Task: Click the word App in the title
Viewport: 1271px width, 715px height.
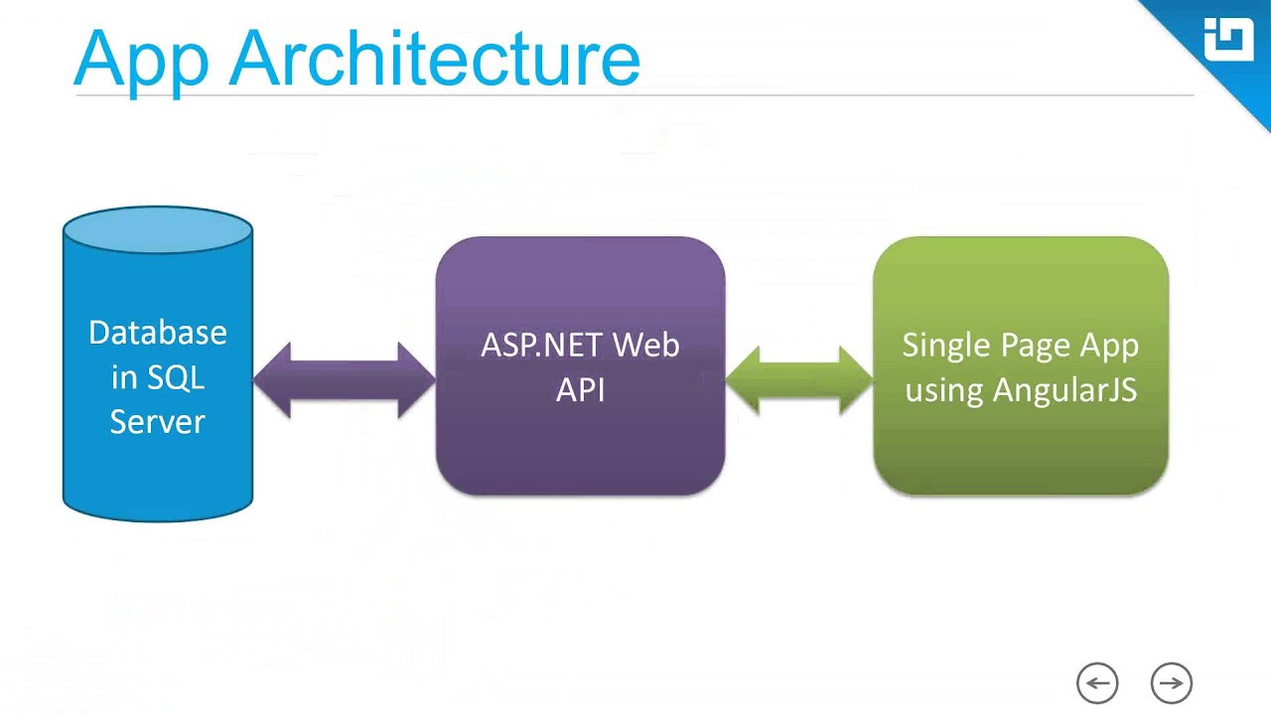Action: point(141,60)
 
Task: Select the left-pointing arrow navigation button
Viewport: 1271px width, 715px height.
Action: point(1097,683)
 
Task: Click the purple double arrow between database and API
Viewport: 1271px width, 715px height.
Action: point(345,380)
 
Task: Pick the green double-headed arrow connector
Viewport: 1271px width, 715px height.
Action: point(799,380)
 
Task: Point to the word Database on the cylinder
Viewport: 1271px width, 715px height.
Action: point(158,332)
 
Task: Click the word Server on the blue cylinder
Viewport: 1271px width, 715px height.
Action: point(158,421)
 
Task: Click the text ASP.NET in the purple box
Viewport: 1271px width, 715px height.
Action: point(541,346)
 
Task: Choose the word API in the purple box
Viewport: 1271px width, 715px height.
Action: point(581,389)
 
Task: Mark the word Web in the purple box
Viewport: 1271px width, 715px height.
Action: point(645,346)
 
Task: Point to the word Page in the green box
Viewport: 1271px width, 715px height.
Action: point(1028,346)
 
